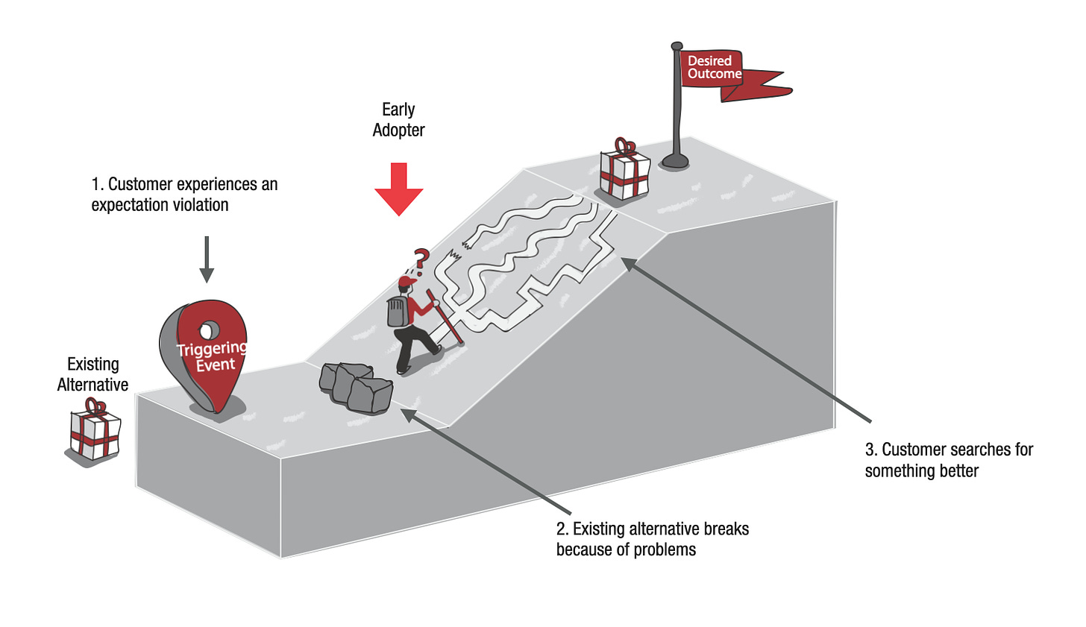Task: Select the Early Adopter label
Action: pyautogui.click(x=398, y=120)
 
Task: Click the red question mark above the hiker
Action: pyautogui.click(x=421, y=259)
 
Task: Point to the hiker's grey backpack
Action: pyautogui.click(x=398, y=311)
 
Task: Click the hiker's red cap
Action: pyautogui.click(x=407, y=282)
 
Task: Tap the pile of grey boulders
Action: pyautogui.click(x=356, y=387)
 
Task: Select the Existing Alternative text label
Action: pyautogui.click(x=92, y=374)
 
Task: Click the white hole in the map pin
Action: pyautogui.click(x=210, y=329)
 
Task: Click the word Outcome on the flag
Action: pyautogui.click(x=715, y=74)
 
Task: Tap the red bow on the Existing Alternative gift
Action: pyautogui.click(x=95, y=407)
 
